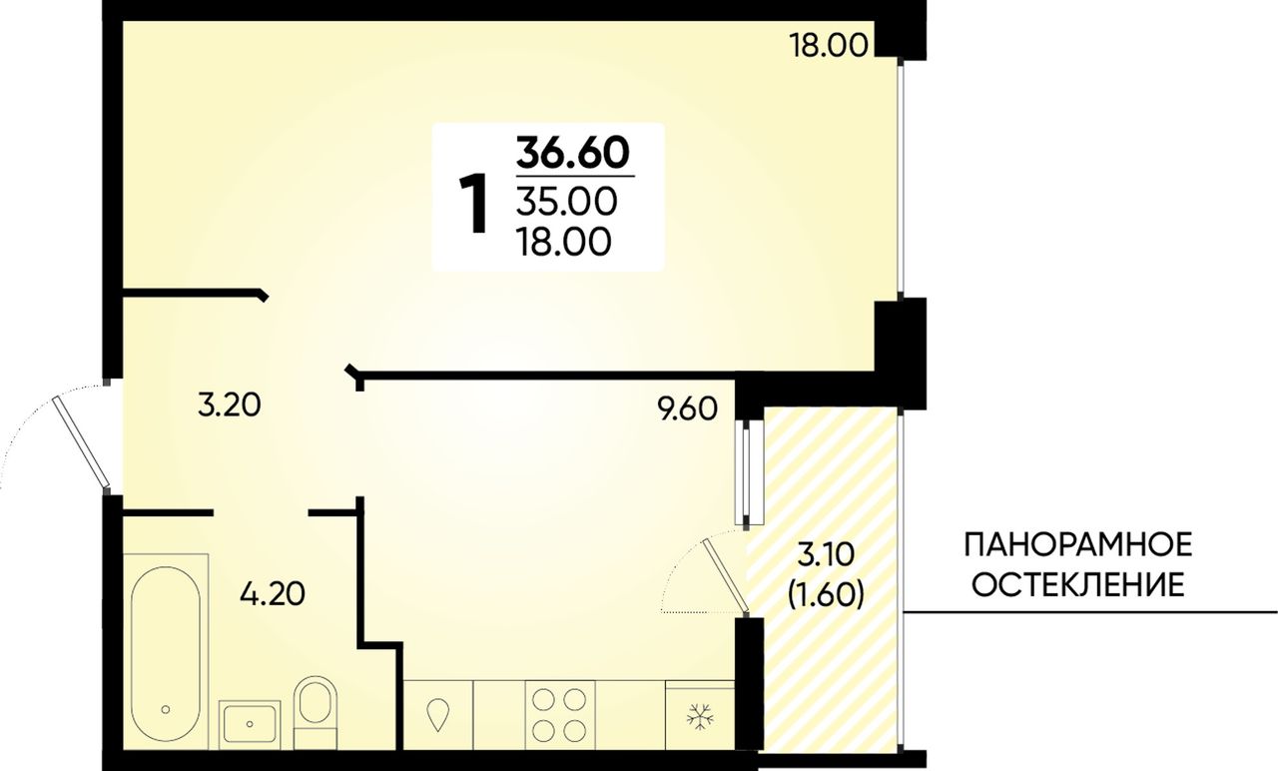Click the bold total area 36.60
click(x=572, y=153)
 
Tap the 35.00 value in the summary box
click(x=566, y=202)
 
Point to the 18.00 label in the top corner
click(x=828, y=45)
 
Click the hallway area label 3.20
click(x=229, y=405)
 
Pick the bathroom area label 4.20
click(x=273, y=594)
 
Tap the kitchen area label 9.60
click(x=687, y=408)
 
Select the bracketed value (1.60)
click(x=826, y=595)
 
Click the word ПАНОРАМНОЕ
click(x=1077, y=544)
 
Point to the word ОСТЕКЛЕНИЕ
click(x=1077, y=585)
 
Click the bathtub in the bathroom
click(x=166, y=650)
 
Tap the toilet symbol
click(x=316, y=712)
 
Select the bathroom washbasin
click(x=250, y=723)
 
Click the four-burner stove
click(x=560, y=714)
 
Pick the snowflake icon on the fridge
click(x=700, y=717)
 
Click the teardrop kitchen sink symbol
click(x=438, y=714)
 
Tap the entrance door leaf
click(x=80, y=440)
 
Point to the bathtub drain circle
click(x=166, y=709)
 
